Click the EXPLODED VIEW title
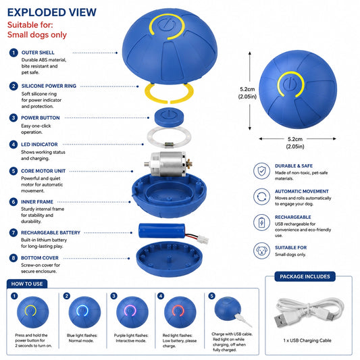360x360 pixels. [x=52, y=12]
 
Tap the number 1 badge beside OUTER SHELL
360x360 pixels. [x=14, y=53]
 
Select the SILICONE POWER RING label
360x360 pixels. [x=49, y=86]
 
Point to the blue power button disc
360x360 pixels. [x=169, y=117]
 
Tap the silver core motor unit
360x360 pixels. [x=168, y=164]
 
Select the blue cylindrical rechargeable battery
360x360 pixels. [x=162, y=231]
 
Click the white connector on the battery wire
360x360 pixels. [x=203, y=240]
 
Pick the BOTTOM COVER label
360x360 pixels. [x=40, y=258]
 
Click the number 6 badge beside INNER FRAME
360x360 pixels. [x=14, y=202]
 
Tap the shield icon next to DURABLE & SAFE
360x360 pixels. [x=262, y=171]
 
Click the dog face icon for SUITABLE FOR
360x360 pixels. [x=262, y=251]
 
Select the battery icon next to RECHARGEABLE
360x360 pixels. [x=262, y=222]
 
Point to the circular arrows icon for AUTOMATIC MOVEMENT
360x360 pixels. [x=262, y=197]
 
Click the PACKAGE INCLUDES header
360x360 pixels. [x=305, y=276]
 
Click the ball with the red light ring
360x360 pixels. [x=180, y=312]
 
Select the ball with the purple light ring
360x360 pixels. [x=132, y=312]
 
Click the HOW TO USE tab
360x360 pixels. [x=27, y=284]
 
